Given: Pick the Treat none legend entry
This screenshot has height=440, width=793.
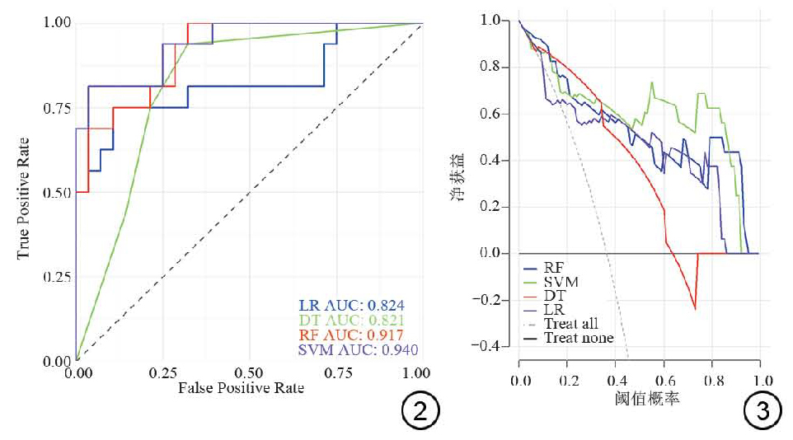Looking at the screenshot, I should (x=578, y=338).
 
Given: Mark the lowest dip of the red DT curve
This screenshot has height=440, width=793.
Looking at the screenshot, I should (x=695, y=309).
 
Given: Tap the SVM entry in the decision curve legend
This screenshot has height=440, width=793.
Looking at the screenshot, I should (x=561, y=282).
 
